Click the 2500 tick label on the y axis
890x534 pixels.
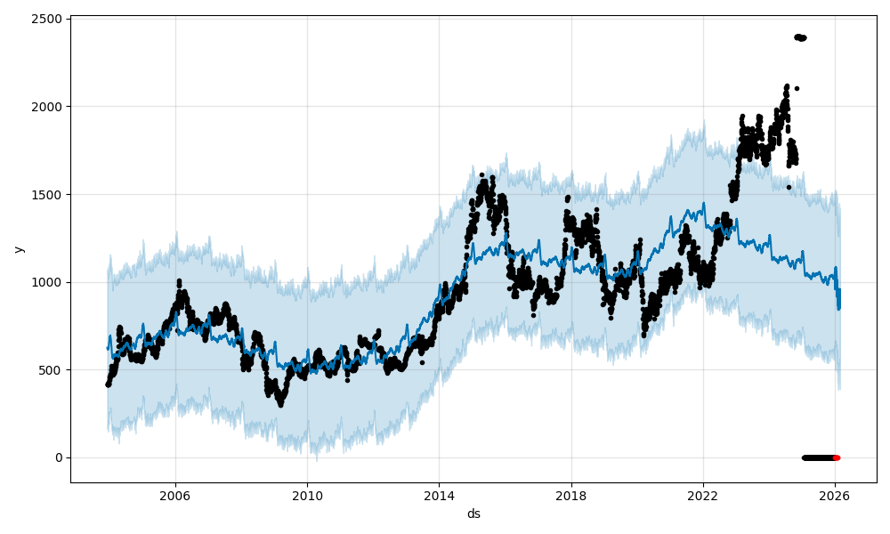pos(48,19)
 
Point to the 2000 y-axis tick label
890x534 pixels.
pos(48,107)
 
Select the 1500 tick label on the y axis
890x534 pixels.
pos(48,194)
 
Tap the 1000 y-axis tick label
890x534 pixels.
pos(48,282)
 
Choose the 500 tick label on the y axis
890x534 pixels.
pos(52,370)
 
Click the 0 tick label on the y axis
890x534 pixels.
pos(59,457)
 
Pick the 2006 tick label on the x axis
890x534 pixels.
pos(175,494)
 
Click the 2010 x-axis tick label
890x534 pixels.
pos(307,494)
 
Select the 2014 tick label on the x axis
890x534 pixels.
pos(439,494)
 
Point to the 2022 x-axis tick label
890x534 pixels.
pos(703,494)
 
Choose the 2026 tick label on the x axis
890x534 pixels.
pos(835,494)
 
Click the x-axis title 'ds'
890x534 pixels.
pos(473,514)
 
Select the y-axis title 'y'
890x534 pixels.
pos(18,249)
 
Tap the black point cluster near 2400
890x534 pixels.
pos(800,37)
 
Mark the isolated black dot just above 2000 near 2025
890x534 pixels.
pos(797,88)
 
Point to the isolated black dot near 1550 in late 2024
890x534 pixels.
pos(789,187)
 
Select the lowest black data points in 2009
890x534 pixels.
pos(280,403)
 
